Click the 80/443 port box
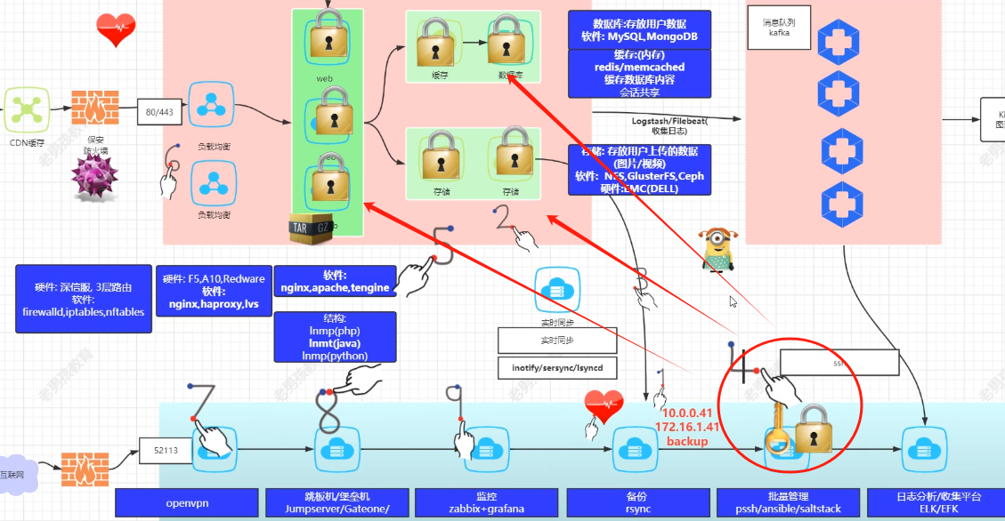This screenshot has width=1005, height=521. [160, 112]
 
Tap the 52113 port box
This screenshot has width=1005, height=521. [165, 450]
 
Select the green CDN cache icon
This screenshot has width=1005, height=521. [28, 109]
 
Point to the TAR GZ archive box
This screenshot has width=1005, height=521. [312, 228]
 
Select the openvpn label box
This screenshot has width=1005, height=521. [186, 502]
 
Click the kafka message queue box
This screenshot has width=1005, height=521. [780, 27]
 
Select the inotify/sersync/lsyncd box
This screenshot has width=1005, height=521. [556, 367]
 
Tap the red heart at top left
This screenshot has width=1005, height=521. [116, 29]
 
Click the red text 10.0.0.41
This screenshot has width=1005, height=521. [686, 413]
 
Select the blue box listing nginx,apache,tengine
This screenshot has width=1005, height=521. [335, 282]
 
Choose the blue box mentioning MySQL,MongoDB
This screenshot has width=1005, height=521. [639, 30]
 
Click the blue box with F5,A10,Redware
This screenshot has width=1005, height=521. [213, 291]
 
